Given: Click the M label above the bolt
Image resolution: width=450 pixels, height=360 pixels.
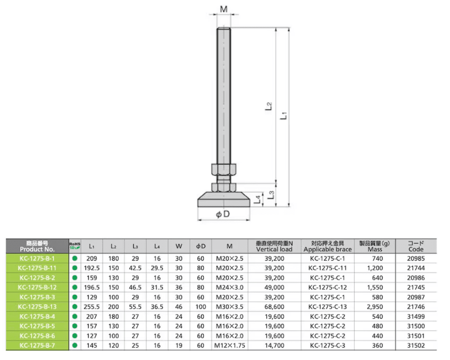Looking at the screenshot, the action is point(224,9).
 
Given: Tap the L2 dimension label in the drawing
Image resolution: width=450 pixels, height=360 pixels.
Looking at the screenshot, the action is point(268,107).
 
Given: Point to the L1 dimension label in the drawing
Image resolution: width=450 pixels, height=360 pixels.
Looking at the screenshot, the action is point(283,115).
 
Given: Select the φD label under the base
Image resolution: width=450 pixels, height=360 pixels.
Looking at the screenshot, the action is point(223,214).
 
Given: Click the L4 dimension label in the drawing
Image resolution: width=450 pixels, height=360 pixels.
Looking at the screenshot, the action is point(258,199).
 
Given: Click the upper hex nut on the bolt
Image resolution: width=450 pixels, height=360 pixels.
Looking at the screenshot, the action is point(224,169).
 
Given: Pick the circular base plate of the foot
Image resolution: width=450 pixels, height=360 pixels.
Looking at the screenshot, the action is point(224,199).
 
